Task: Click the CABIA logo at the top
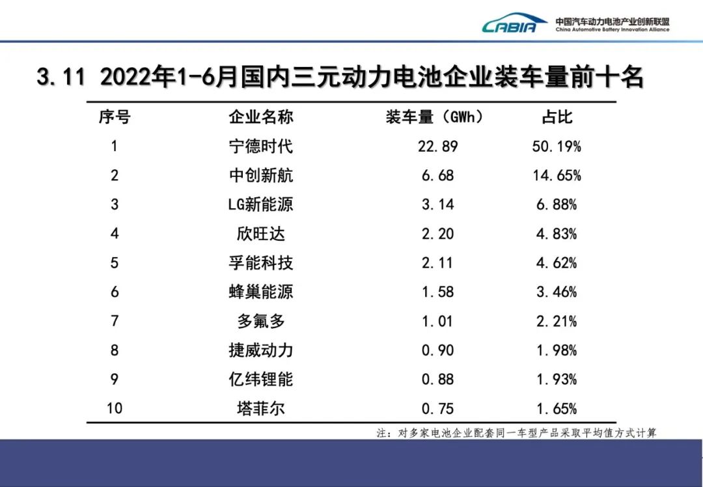pyautogui.click(x=514, y=24)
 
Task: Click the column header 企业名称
pyautogui.click(x=260, y=117)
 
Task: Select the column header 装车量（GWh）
pyautogui.click(x=435, y=117)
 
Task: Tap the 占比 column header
pyautogui.click(x=557, y=117)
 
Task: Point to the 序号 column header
pyautogui.click(x=115, y=117)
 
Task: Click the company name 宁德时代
pyautogui.click(x=260, y=146)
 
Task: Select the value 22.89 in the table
pyautogui.click(x=437, y=146)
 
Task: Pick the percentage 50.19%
pyautogui.click(x=557, y=146)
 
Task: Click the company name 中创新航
pyautogui.click(x=260, y=175)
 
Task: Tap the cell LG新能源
pyautogui.click(x=260, y=204)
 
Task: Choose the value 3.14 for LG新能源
pyautogui.click(x=437, y=204)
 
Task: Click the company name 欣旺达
pyautogui.click(x=260, y=234)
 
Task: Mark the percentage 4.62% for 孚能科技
pyautogui.click(x=557, y=263)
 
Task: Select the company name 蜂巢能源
pyautogui.click(x=260, y=292)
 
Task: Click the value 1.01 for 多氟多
pyautogui.click(x=437, y=321)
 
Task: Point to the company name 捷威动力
pyautogui.click(x=260, y=350)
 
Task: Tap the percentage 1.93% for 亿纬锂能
pyautogui.click(x=557, y=380)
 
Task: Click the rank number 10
pyautogui.click(x=115, y=409)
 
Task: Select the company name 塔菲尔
pyautogui.click(x=260, y=409)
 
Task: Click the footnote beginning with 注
pyautogui.click(x=516, y=433)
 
